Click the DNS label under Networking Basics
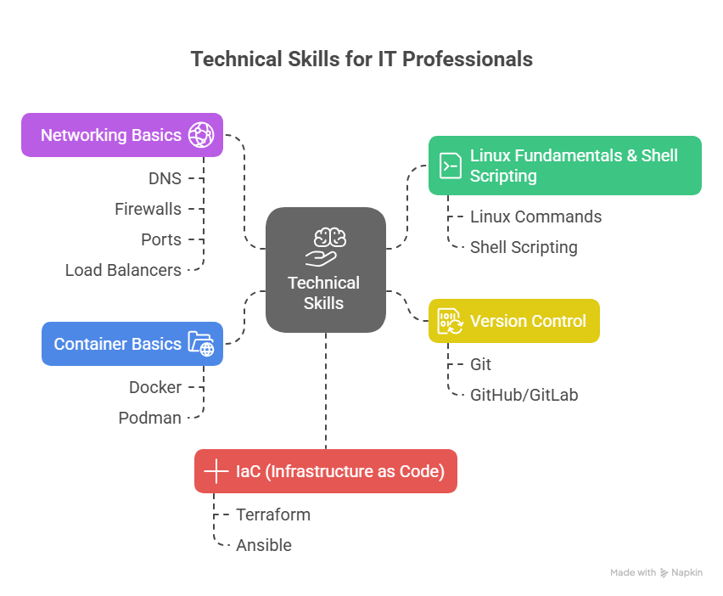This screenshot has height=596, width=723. click(x=165, y=178)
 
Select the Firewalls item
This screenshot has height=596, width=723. click(x=148, y=209)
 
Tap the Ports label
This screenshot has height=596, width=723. click(x=161, y=239)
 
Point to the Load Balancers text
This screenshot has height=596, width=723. click(x=123, y=270)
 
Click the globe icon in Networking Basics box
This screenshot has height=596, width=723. click(x=201, y=135)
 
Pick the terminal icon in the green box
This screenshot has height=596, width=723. click(x=451, y=166)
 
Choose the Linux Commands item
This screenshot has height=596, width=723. click(x=535, y=216)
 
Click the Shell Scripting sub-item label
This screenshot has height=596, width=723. click(x=524, y=247)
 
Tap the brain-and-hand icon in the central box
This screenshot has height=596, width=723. click(x=326, y=247)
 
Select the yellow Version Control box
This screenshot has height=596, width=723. click(x=514, y=321)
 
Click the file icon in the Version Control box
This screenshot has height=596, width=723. click(x=450, y=321)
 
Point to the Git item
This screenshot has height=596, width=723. click(x=480, y=364)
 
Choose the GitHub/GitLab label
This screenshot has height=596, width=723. click(x=524, y=395)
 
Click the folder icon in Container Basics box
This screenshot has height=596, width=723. click(x=201, y=344)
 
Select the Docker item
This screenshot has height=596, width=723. click(x=155, y=387)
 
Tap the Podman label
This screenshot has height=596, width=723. click(x=150, y=418)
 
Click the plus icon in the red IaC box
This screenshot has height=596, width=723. click(x=216, y=471)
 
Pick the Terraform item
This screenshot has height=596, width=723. click(x=273, y=514)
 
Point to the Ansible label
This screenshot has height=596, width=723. click(x=264, y=545)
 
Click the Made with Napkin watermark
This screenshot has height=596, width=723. click(x=656, y=572)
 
